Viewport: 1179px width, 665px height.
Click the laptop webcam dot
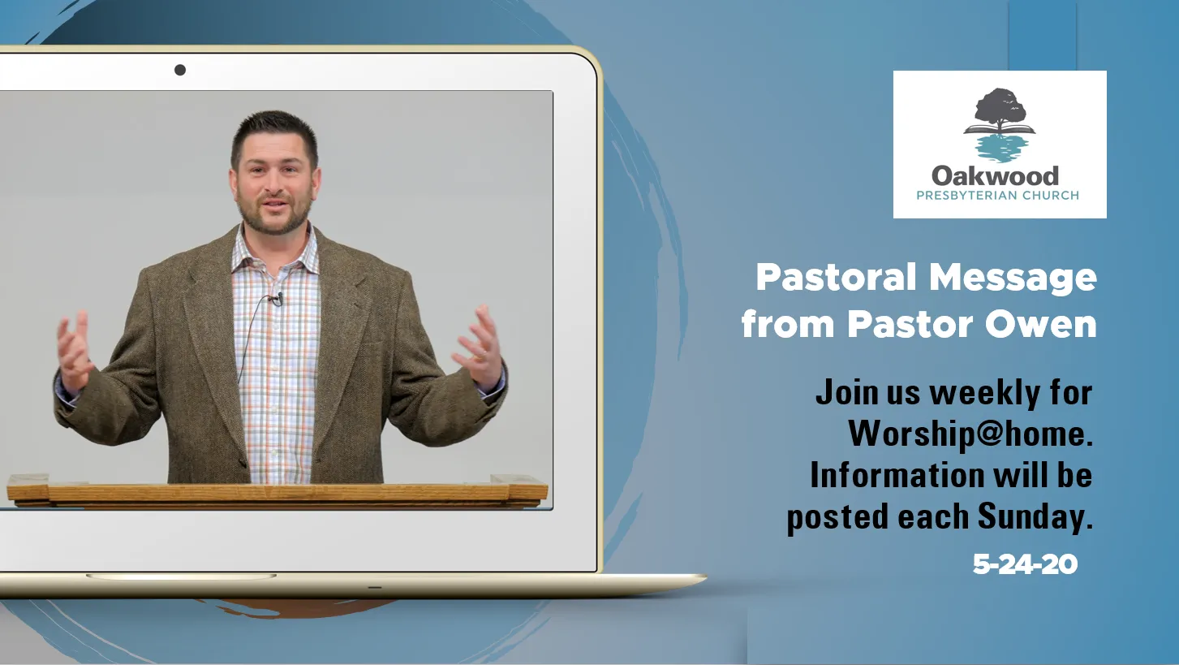(180, 70)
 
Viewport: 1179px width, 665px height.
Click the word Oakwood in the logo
(995, 176)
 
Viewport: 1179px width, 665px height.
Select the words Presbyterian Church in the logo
(998, 196)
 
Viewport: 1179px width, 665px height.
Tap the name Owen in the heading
(1040, 324)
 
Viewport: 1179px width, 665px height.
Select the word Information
(897, 475)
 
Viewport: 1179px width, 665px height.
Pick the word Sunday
(1035, 517)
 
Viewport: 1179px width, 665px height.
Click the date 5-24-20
(1025, 564)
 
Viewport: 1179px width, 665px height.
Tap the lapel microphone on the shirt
(278, 299)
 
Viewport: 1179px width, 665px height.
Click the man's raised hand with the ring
(479, 348)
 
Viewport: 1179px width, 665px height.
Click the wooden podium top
(278, 491)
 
